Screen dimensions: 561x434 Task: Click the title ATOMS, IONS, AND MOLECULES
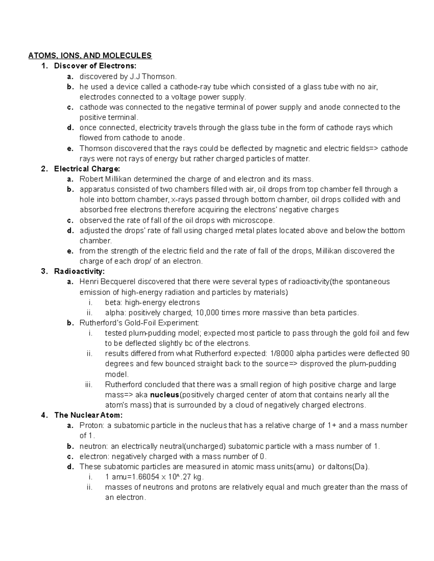pyautogui.click(x=90, y=56)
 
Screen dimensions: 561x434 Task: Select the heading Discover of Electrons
pyautogui.click(x=95, y=66)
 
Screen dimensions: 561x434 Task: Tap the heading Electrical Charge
pyautogui.click(x=87, y=169)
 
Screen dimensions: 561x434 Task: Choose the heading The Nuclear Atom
pyautogui.click(x=89, y=415)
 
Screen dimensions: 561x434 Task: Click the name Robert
pyautogui.click(x=92, y=179)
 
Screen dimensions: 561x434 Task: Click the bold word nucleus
pyautogui.click(x=165, y=395)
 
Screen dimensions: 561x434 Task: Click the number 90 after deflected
pyautogui.click(x=405, y=354)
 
